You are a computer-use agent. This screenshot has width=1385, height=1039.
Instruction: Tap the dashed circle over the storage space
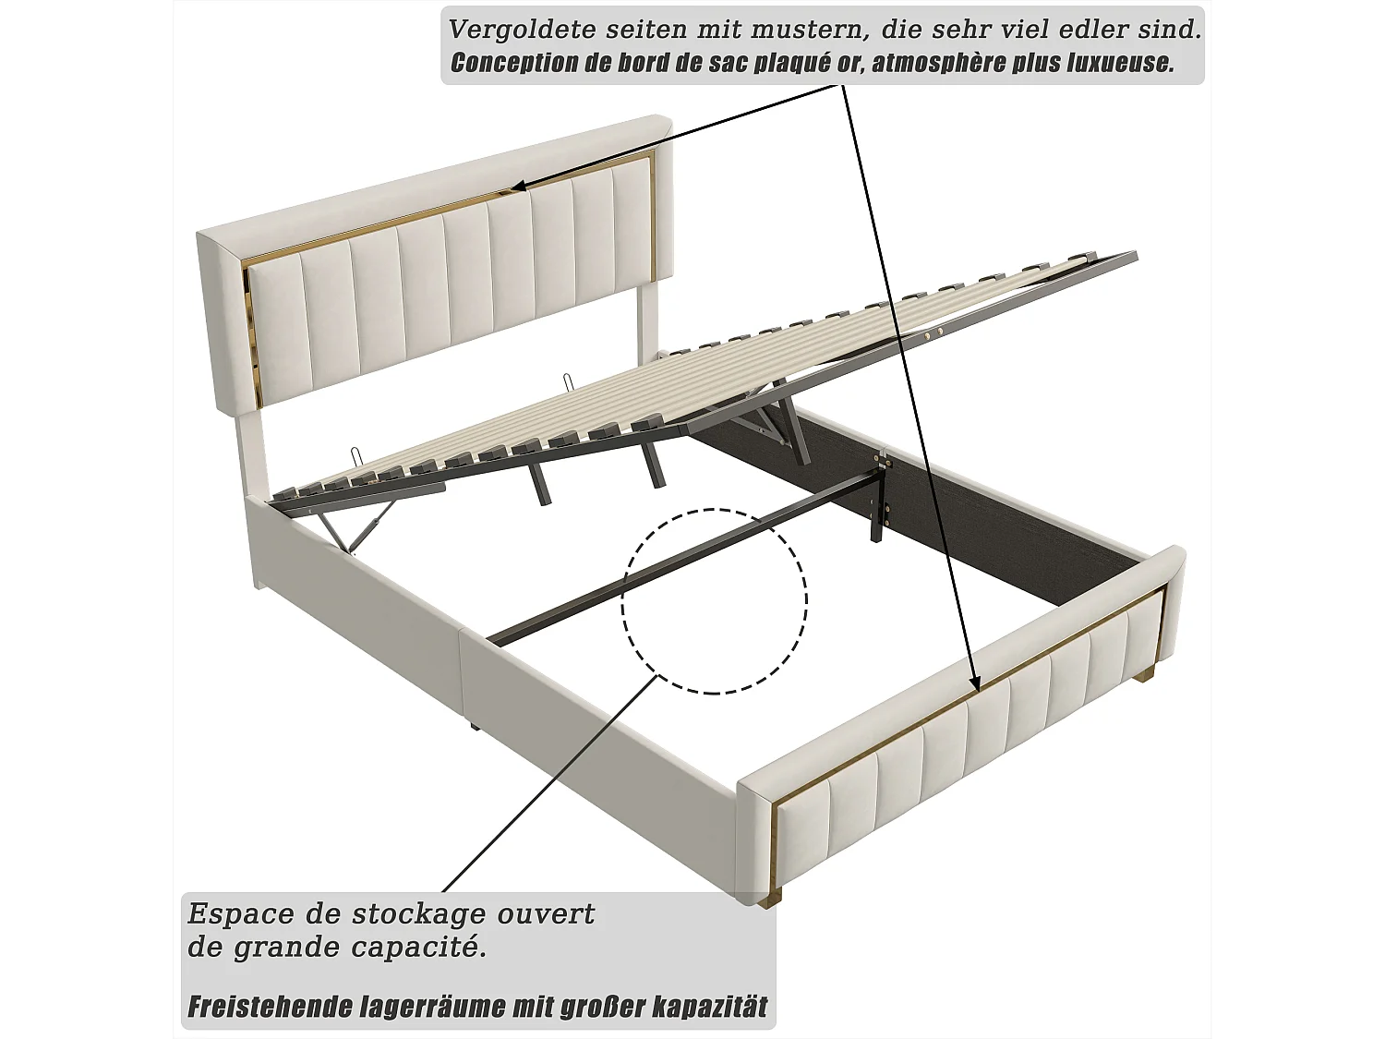click(x=714, y=601)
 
